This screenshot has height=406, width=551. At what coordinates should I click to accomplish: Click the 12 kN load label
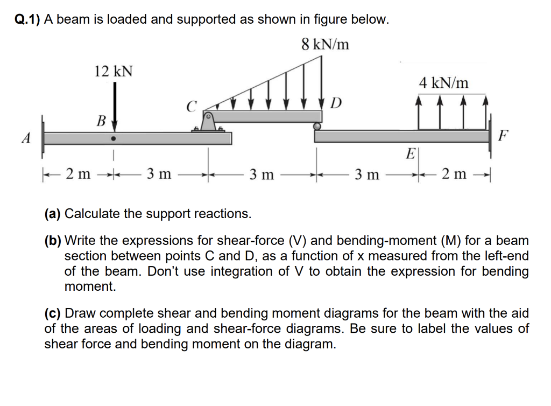(114, 71)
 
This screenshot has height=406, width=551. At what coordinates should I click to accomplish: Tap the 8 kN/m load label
(325, 44)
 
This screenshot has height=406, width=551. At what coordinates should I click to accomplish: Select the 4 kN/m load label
(443, 83)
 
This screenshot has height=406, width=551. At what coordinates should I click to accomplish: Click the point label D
(336, 102)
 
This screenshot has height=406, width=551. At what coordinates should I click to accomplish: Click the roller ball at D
(317, 127)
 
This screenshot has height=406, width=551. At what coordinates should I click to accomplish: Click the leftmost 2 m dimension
(77, 174)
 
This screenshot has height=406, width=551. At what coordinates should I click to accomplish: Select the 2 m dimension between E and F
(453, 174)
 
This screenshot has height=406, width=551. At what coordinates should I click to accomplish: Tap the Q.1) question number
(26, 19)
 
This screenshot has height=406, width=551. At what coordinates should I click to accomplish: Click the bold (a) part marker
(53, 214)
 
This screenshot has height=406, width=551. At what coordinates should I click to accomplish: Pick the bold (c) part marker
(53, 313)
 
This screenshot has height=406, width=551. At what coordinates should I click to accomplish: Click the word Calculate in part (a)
(92, 214)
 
